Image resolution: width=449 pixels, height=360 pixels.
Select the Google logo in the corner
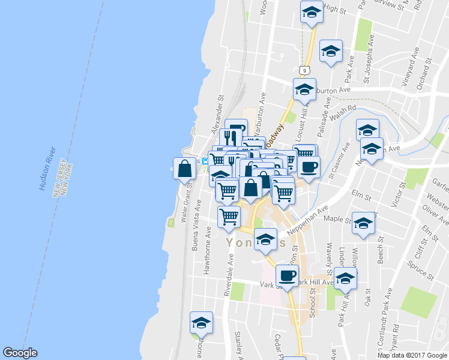click(20, 353)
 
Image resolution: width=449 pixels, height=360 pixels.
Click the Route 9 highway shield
click(306, 70)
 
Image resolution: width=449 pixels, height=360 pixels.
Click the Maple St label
click(337, 220)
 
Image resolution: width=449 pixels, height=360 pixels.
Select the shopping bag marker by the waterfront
click(184, 169)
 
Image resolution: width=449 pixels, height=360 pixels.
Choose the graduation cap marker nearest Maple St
click(363, 224)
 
